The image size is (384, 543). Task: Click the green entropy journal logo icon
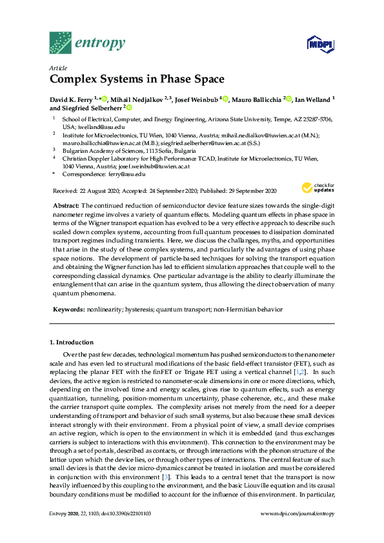(x=61, y=43)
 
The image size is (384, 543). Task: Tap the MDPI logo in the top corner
(x=321, y=44)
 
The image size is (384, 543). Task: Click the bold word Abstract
(x=66, y=204)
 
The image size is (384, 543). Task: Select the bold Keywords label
(x=68, y=310)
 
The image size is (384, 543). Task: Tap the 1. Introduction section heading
(x=71, y=342)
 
